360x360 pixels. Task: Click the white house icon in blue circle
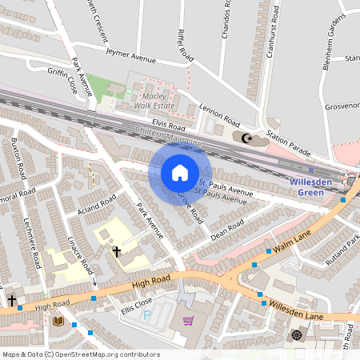pyautogui.click(x=180, y=172)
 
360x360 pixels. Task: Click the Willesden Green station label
pyautogui.click(x=310, y=186)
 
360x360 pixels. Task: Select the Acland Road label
pyautogui.click(x=98, y=206)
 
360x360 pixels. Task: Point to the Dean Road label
pyautogui.click(x=226, y=229)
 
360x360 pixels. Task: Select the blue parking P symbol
pyautogui.click(x=146, y=314)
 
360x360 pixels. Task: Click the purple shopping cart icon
pyautogui.click(x=188, y=321)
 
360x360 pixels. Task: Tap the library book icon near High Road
pyautogui.click(x=58, y=321)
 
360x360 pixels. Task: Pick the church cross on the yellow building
pyautogui.click(x=117, y=251)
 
